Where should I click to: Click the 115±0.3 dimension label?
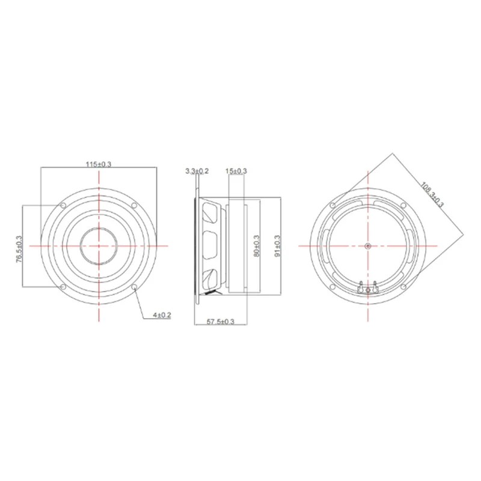pyautogui.click(x=99, y=164)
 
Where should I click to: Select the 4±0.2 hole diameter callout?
pyautogui.click(x=162, y=316)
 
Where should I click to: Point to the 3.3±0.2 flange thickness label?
pyautogui.click(x=197, y=171)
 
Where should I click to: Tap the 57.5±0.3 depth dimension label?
pyautogui.click(x=220, y=322)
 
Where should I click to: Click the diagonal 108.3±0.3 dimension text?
pyautogui.click(x=431, y=194)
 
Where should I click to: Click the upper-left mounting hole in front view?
pyautogui.click(x=63, y=206)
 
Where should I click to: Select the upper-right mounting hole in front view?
pyautogui.click(x=135, y=206)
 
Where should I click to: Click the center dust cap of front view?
pyautogui.click(x=99, y=246)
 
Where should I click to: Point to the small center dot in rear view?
pyautogui.click(x=368, y=246)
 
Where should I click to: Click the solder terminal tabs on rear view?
pyautogui.click(x=367, y=287)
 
